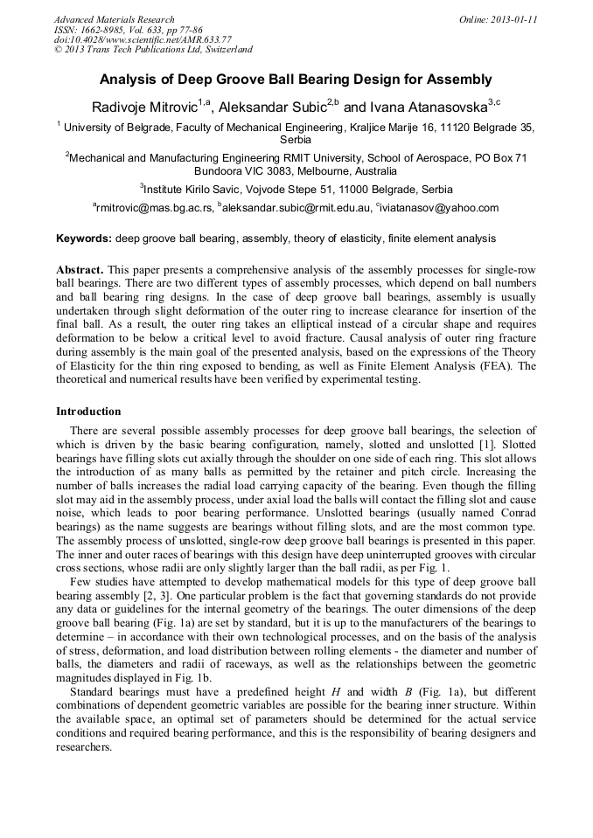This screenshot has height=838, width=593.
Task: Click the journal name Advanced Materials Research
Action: (114, 19)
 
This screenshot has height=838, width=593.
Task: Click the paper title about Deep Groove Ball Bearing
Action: (296, 80)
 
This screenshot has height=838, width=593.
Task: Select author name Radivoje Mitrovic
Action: (144, 107)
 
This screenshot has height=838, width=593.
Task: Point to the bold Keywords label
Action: (84, 238)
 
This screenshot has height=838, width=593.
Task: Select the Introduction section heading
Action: (88, 411)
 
